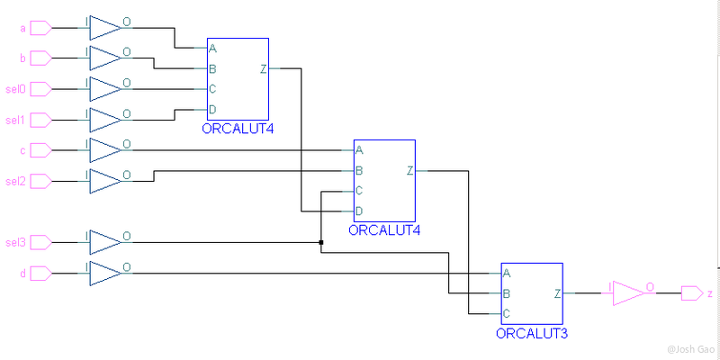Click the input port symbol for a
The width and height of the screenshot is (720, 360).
40,28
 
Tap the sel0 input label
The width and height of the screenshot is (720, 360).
15,89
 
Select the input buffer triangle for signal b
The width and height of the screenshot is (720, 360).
105,58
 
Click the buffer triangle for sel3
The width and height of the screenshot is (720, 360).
105,242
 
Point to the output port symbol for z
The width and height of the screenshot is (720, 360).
692,293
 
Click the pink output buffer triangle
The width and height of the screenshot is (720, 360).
630,293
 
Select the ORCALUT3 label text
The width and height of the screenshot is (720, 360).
531,333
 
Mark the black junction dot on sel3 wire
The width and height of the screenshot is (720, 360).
321,242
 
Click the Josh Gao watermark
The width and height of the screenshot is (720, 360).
692,350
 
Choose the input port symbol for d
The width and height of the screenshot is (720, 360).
40,274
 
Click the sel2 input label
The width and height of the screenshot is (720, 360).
15,182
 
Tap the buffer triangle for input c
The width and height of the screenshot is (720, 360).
105,150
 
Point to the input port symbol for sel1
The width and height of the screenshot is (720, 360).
40,121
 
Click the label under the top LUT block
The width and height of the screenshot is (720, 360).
238,129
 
